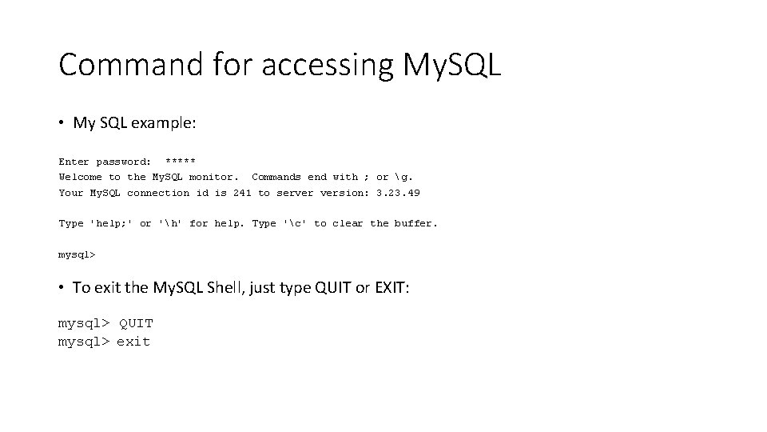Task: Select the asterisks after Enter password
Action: click(180, 162)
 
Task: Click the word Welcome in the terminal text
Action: click(80, 177)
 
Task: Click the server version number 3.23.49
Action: click(398, 193)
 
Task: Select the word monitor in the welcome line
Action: click(213, 177)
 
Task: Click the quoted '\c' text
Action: click(295, 224)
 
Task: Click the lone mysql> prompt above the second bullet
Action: click(77, 255)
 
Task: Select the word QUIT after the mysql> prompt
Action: click(136, 324)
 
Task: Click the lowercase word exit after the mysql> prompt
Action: click(133, 342)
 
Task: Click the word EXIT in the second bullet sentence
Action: click(390, 287)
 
